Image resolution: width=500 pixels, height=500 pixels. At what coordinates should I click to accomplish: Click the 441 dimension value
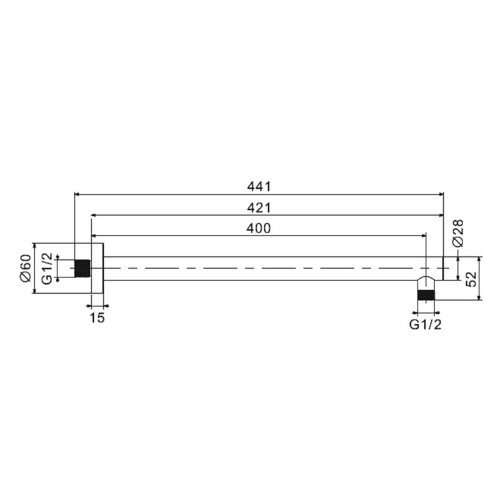[x=259, y=187]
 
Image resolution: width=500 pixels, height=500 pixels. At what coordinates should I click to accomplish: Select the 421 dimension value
[x=259, y=208]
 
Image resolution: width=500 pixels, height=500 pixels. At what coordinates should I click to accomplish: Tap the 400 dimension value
[x=259, y=228]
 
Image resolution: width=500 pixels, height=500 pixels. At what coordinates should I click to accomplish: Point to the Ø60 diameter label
[x=26, y=268]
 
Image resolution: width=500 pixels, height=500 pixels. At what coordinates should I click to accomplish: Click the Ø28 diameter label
[x=458, y=233]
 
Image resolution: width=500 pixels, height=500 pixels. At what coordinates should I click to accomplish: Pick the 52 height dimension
[x=471, y=279]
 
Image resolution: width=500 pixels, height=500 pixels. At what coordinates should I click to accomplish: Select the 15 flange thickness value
[x=97, y=317]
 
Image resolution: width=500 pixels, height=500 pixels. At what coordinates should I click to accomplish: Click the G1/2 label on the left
[x=47, y=268]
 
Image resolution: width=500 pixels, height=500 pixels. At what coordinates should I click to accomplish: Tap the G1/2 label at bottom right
[x=426, y=324]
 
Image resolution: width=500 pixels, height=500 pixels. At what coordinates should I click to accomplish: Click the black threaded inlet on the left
[x=82, y=269]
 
